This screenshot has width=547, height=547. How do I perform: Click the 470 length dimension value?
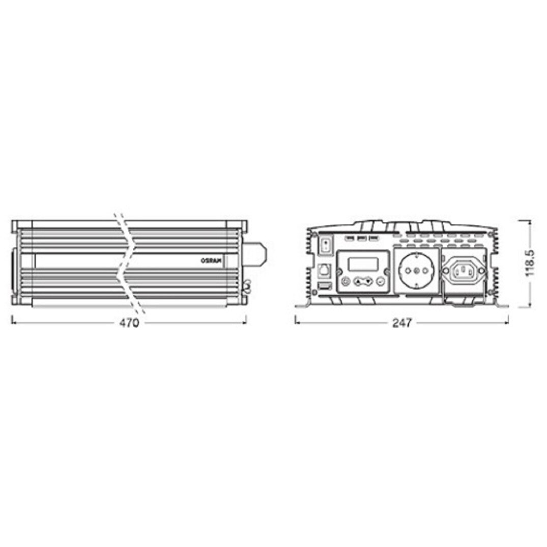[129, 323]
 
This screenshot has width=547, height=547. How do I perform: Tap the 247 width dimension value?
[402, 323]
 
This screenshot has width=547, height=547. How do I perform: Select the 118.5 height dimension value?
[530, 263]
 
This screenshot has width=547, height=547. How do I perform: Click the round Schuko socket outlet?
[416, 272]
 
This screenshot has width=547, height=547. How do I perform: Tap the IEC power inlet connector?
[463, 271]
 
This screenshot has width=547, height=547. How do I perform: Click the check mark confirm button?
[381, 281]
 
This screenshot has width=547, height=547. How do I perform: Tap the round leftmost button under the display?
[346, 281]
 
